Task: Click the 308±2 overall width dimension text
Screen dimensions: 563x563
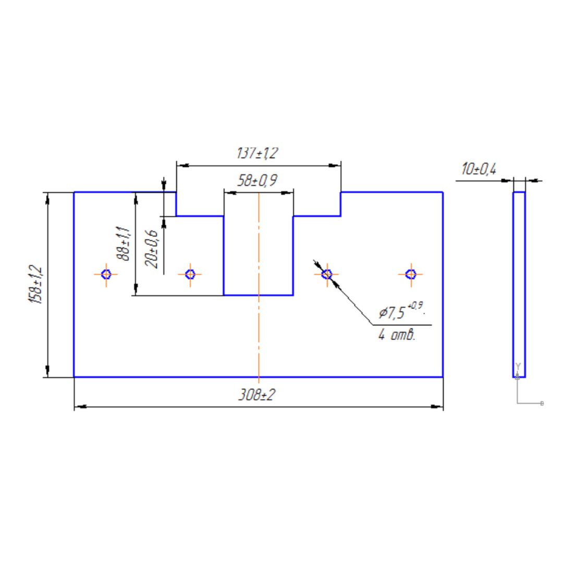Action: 256,395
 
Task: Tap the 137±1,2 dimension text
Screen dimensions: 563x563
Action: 258,153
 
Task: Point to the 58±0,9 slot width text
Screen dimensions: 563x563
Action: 257,181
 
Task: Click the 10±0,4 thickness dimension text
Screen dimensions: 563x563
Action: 479,169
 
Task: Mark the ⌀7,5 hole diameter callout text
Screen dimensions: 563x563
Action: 401,312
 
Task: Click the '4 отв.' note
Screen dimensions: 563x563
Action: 397,335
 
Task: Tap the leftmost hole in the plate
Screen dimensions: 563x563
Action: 106,274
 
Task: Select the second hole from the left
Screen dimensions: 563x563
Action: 190,274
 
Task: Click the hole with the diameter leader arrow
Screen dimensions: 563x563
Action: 327,274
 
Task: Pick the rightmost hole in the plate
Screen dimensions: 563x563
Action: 411,274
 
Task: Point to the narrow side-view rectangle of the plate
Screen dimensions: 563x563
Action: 519,285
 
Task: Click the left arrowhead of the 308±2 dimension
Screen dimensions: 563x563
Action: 78,407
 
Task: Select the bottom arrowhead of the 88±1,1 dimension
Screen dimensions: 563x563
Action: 136,291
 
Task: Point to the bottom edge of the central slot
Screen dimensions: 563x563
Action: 259,295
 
